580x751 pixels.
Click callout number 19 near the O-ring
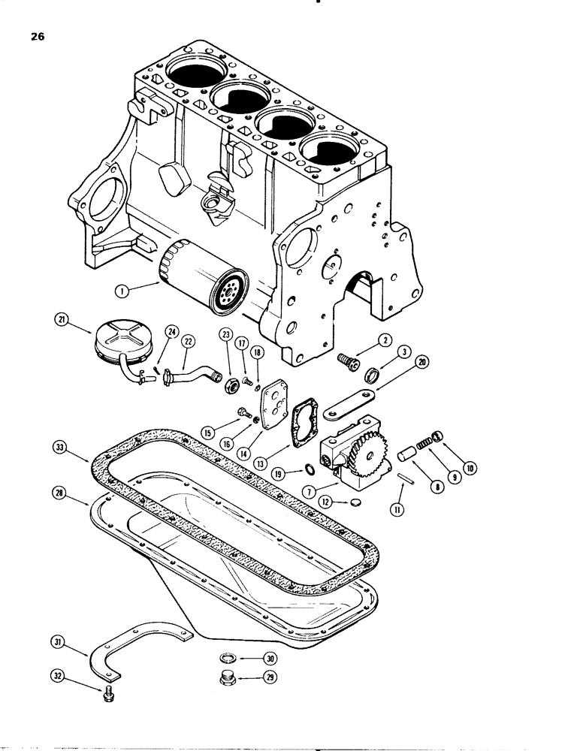tap(279, 475)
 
